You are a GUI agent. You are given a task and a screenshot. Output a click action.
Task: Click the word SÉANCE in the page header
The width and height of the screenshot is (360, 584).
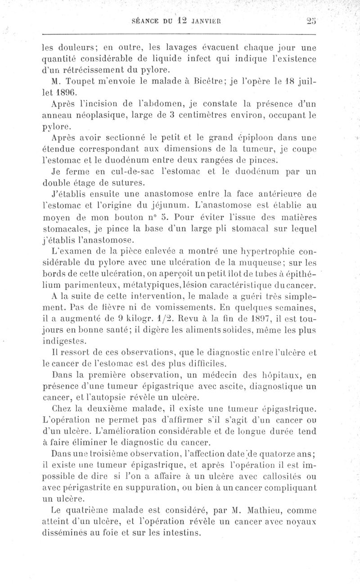click(x=141, y=20)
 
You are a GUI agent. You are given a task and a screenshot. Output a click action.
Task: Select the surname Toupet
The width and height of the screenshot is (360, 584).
click(x=80, y=81)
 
